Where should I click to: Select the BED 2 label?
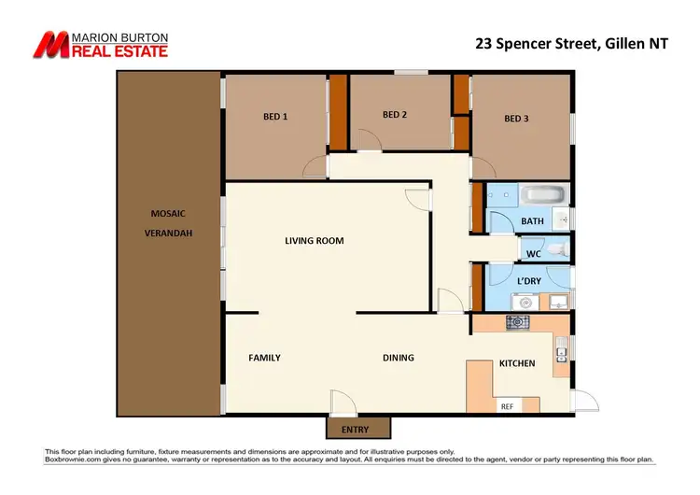pyautogui.click(x=395, y=115)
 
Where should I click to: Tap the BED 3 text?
pyautogui.click(x=516, y=119)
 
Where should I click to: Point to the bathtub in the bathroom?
pyautogui.click(x=542, y=195)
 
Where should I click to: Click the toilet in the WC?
pyautogui.click(x=556, y=250)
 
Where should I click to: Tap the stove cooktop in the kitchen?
pyautogui.click(x=517, y=322)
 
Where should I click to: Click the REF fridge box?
pyautogui.click(x=508, y=405)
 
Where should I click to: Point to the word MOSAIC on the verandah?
pyautogui.click(x=168, y=213)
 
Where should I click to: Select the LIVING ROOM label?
pyautogui.click(x=315, y=241)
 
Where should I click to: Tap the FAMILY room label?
pyautogui.click(x=264, y=358)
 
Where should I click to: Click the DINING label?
pyautogui.click(x=398, y=358)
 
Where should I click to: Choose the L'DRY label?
pyautogui.click(x=529, y=281)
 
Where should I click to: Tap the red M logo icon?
pyautogui.click(x=51, y=44)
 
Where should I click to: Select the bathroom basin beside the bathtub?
pyautogui.click(x=562, y=219)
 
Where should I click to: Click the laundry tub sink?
pyautogui.click(x=557, y=301)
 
